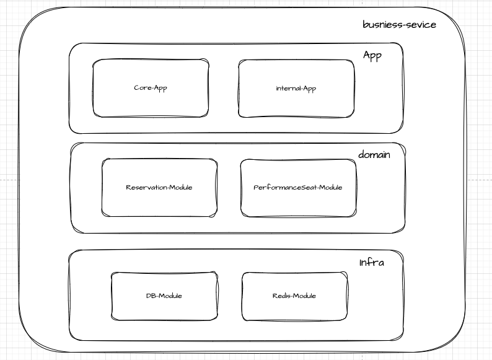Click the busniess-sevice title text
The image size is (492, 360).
[399, 25]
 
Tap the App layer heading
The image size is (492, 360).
[372, 56]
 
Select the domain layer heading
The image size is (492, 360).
[374, 154]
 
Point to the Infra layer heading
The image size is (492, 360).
[371, 263]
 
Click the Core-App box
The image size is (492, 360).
[151, 102]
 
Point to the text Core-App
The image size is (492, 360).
[151, 88]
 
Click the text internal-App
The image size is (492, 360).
[296, 89]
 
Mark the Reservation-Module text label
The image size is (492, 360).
[159, 188]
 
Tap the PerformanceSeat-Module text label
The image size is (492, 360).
[298, 188]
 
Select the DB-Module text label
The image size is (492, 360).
[164, 296]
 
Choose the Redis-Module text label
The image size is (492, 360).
[294, 296]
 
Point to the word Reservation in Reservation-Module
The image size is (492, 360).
[144, 188]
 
